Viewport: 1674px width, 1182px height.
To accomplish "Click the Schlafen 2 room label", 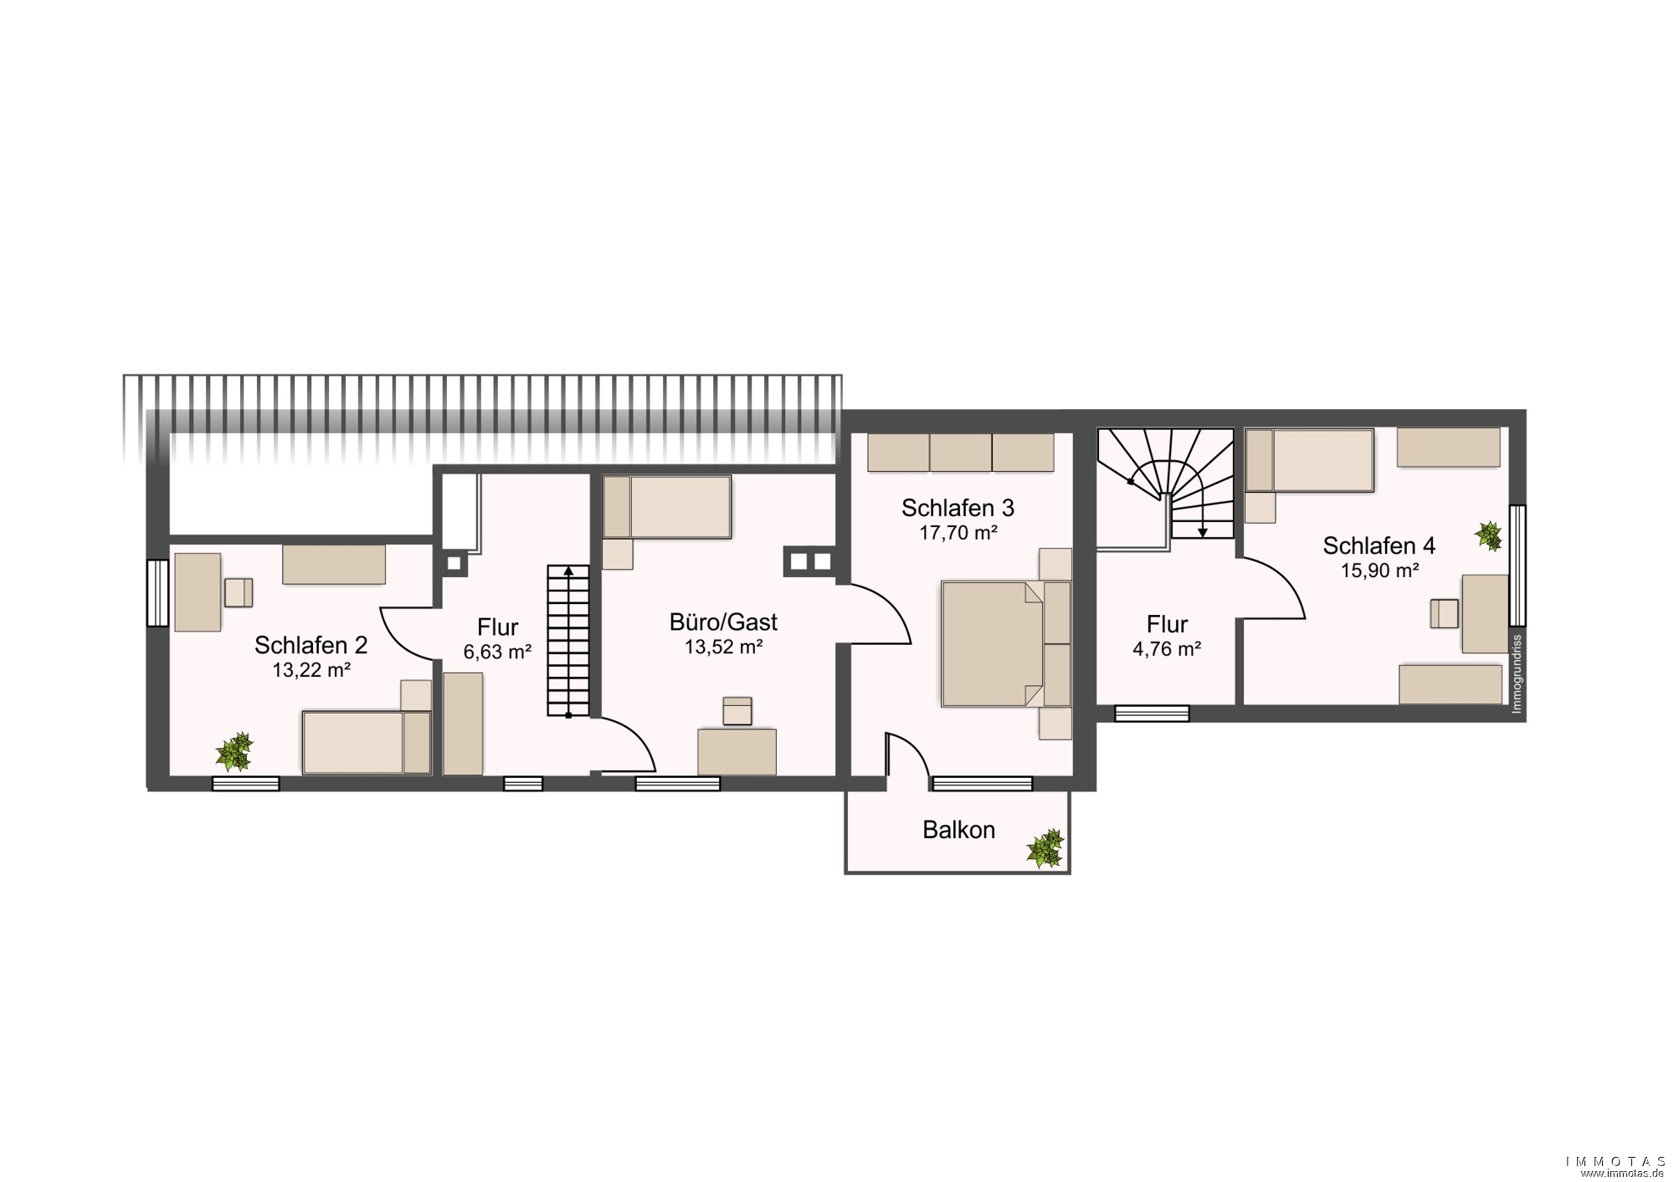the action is [311, 645].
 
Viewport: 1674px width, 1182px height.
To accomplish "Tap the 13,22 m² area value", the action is [311, 670].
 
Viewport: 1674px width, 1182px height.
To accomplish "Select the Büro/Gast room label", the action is [723, 622].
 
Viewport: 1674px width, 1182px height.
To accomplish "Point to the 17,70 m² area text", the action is [958, 532].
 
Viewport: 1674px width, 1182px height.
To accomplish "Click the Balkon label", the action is [958, 830].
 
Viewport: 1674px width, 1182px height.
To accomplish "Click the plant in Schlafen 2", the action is [234, 751].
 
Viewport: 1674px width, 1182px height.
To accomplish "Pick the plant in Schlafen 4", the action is [1489, 536].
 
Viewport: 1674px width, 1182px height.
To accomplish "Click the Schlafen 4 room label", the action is [1379, 546].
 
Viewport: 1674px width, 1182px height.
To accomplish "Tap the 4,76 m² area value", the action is [1167, 649].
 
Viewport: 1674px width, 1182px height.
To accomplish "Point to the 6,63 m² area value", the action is [497, 652].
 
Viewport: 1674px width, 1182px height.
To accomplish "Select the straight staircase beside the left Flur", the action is [568, 641].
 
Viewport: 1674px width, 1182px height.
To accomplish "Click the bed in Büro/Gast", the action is [667, 507].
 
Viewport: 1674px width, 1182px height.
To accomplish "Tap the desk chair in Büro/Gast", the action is [737, 711].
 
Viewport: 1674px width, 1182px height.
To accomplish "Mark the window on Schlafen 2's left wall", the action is [157, 592].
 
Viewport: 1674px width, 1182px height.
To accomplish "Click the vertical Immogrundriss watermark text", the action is [1517, 674].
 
